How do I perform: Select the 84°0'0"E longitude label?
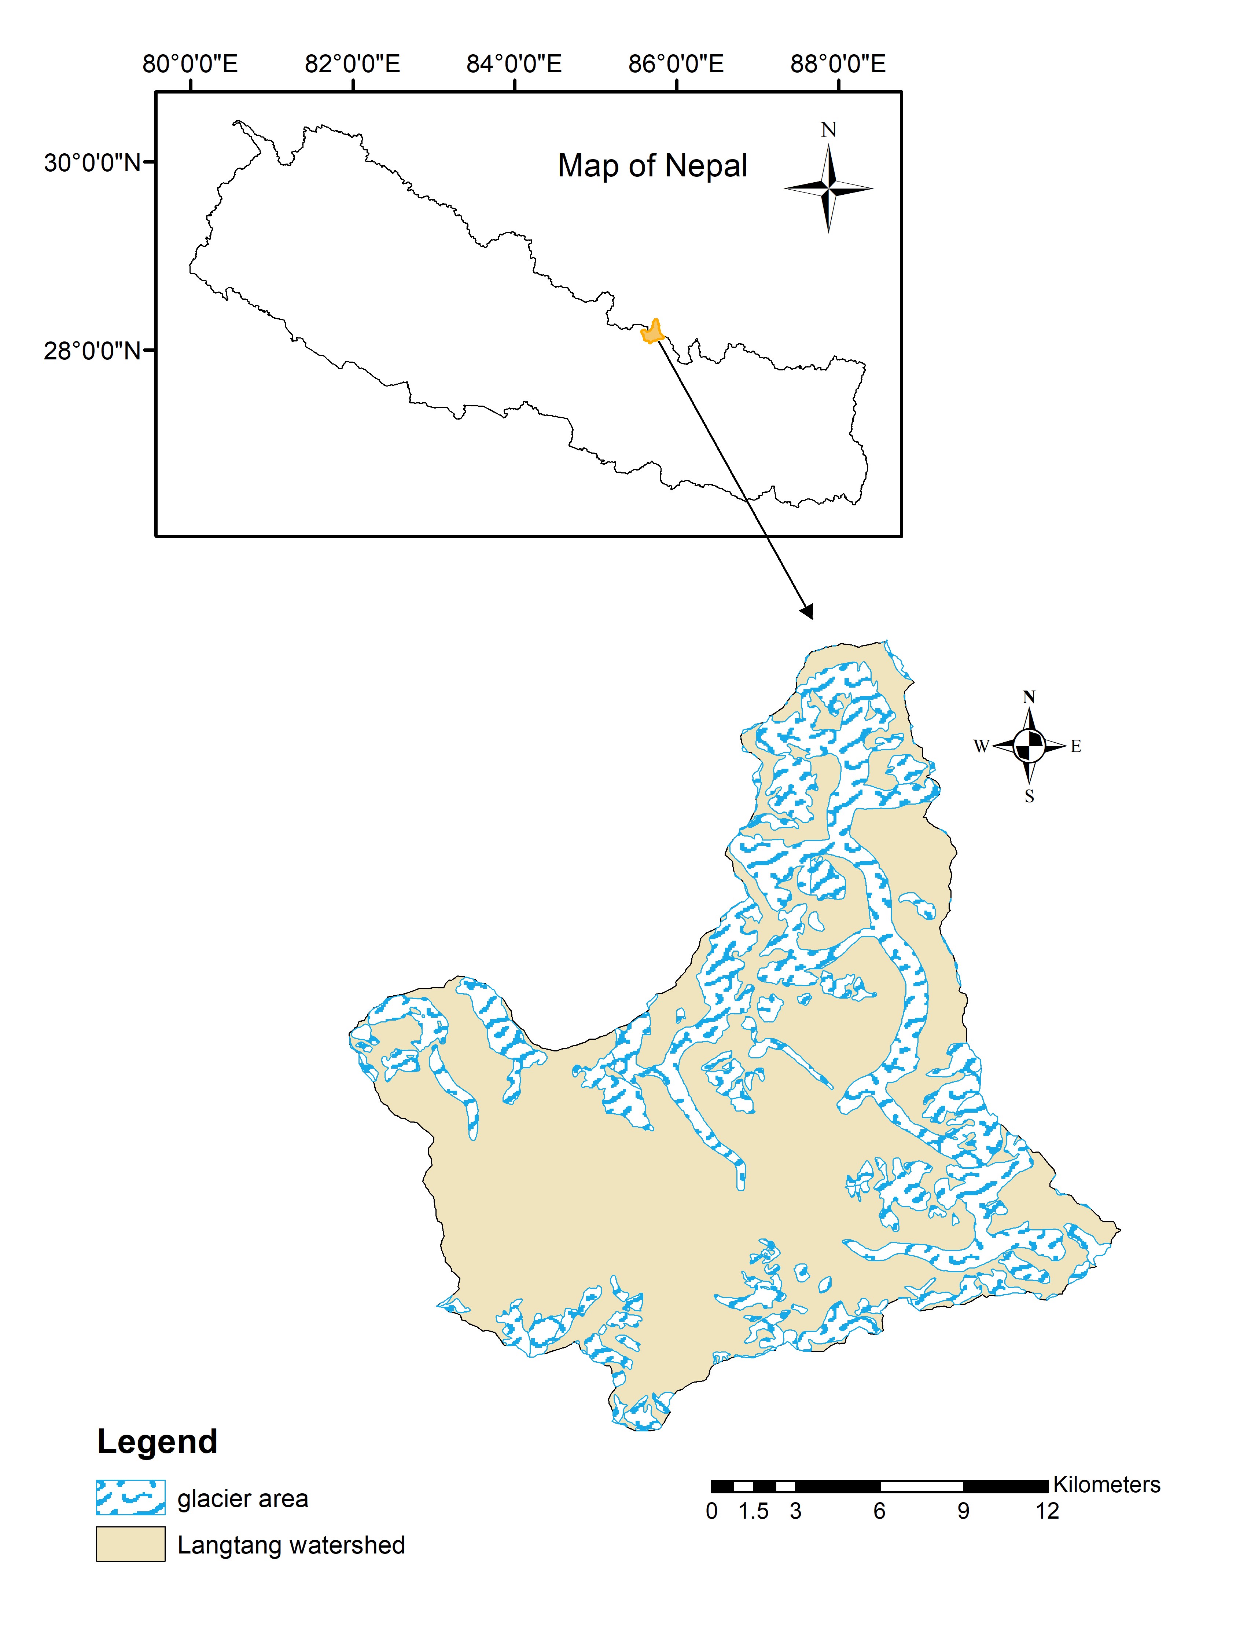514,64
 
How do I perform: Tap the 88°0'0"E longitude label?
838,64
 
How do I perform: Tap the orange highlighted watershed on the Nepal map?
652,332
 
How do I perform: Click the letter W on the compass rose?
981,746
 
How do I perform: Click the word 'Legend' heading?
157,1442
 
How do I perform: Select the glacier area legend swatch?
130,1497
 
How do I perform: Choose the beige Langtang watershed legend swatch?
130,1544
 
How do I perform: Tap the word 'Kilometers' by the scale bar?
1107,1485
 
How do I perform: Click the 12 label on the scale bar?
1047,1511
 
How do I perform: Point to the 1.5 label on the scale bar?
754,1511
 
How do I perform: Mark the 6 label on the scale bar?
879,1511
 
